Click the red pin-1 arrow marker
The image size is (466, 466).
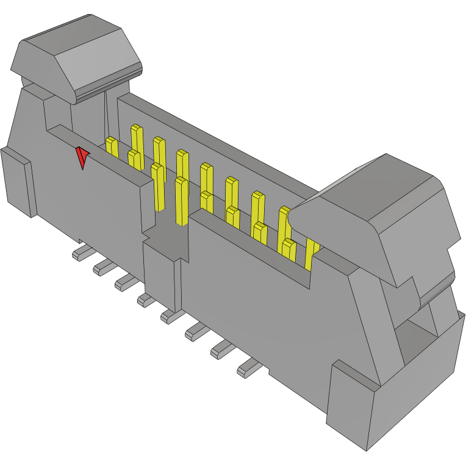tap(82, 157)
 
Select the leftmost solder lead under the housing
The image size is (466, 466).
tap(81, 253)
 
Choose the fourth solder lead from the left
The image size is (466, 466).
tap(147, 299)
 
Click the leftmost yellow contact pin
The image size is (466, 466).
tap(112, 146)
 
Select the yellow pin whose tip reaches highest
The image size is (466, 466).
tap(137, 137)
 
